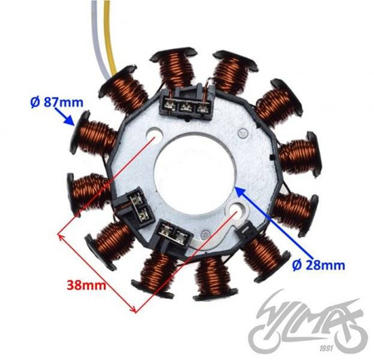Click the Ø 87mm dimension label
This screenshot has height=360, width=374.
(x=57, y=103)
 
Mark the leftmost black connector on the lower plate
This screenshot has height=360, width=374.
(x=135, y=202)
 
